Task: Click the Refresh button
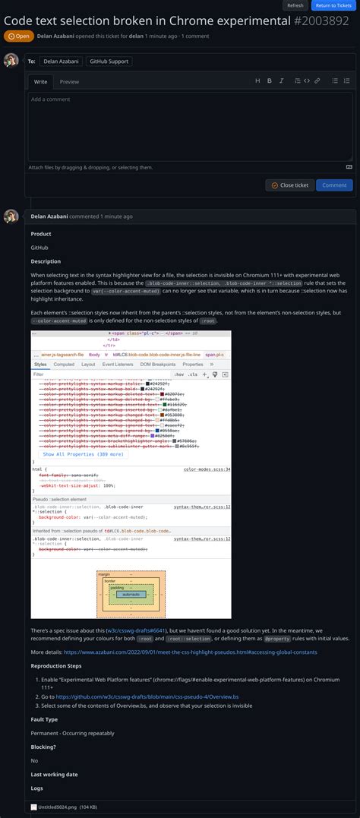(x=295, y=5)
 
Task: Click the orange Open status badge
(x=18, y=36)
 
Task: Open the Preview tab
(x=69, y=81)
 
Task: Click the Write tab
(x=40, y=81)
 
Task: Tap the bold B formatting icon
(x=270, y=81)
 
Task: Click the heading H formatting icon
(x=257, y=81)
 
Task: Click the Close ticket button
(x=289, y=185)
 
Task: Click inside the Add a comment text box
(x=190, y=125)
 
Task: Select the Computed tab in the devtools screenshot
(x=64, y=365)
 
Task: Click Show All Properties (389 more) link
(x=83, y=454)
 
